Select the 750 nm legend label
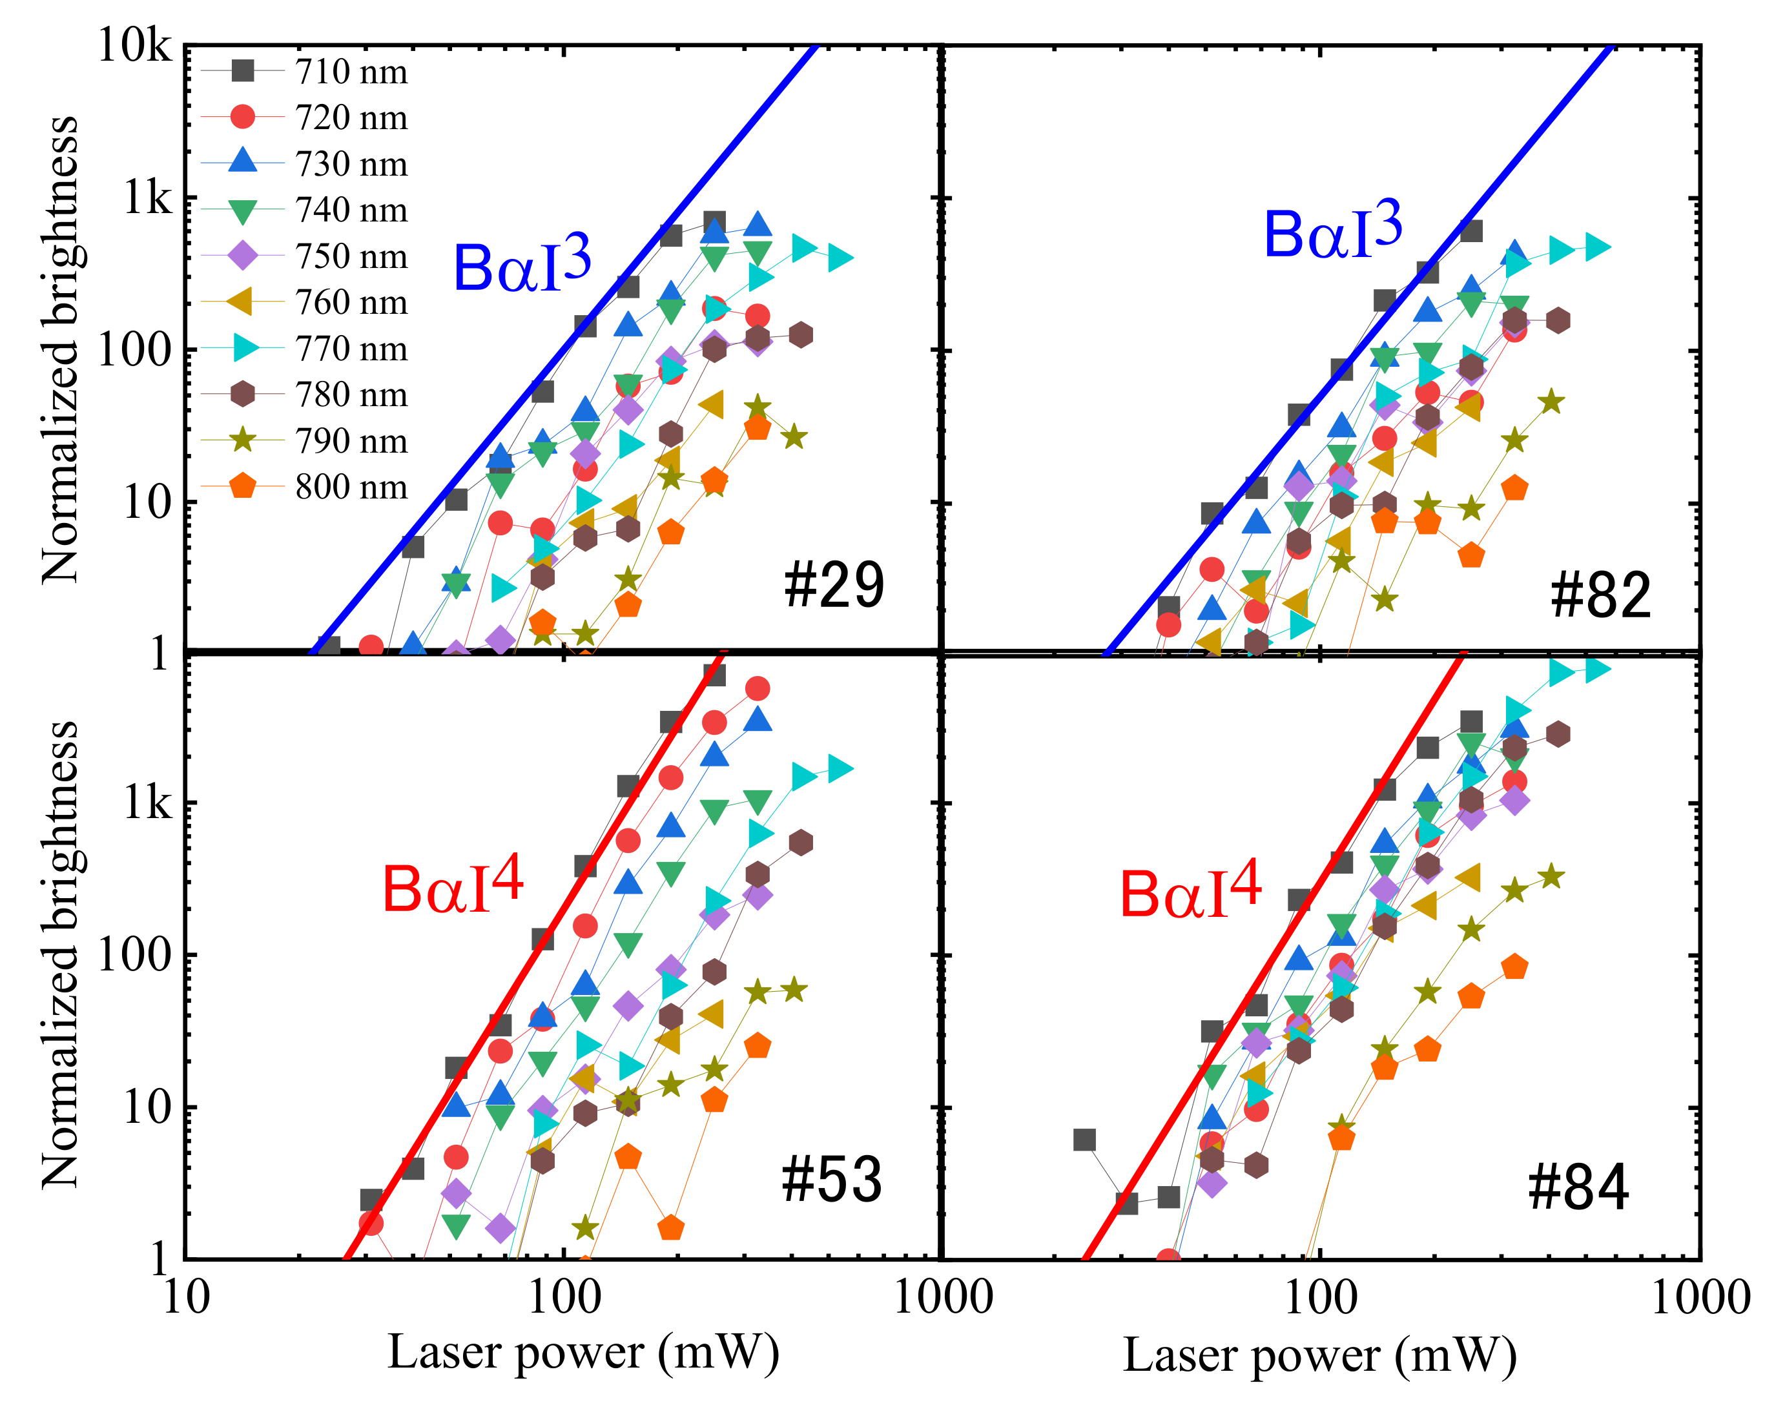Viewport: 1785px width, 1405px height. click(x=351, y=256)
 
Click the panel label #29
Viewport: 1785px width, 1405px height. click(x=833, y=586)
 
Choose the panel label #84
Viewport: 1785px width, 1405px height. click(x=1578, y=1188)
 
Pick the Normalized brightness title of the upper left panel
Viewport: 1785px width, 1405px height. click(x=60, y=349)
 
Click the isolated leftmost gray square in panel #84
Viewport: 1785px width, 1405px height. click(x=1084, y=1139)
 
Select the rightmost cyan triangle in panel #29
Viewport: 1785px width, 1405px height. click(x=840, y=258)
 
